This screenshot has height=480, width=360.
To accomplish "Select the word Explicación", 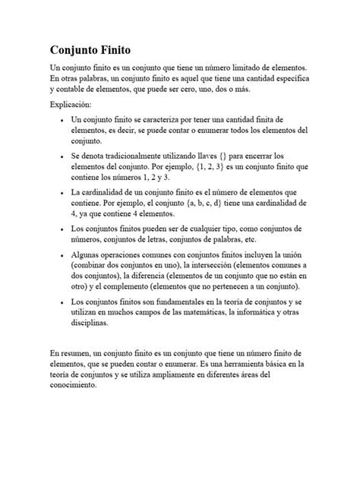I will (x=70, y=104).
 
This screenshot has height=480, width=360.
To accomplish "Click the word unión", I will (x=297, y=254).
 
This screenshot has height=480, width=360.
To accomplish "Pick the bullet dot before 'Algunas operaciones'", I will (x=58, y=254).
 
